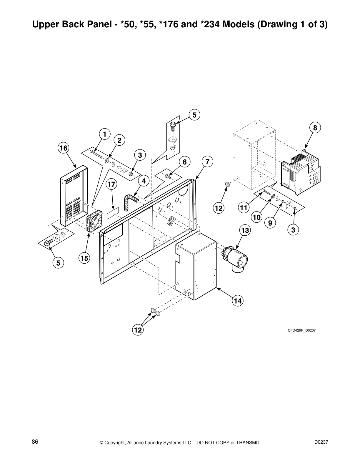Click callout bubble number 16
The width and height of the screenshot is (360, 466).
[64, 148]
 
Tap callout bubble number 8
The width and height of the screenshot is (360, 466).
[315, 128]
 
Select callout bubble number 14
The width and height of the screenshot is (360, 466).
[238, 301]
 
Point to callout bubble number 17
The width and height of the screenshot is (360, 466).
[111, 184]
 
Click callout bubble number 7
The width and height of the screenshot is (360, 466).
[208, 162]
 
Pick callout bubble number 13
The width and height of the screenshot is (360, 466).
[245, 230]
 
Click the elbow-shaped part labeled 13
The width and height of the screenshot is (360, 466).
[238, 259]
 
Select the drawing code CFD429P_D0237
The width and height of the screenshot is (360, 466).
[301, 330]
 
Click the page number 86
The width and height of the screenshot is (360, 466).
[35, 442]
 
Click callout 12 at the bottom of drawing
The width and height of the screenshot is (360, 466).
[138, 330]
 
